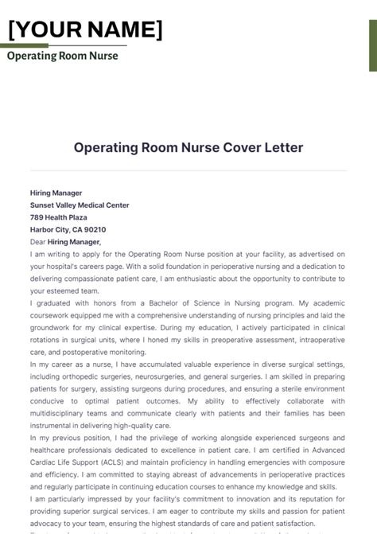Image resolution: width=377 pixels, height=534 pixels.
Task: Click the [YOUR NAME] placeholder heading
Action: pos(86,29)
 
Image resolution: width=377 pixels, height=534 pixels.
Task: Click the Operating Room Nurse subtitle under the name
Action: pos(62,56)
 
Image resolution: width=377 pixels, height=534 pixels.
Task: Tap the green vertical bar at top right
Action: pos(372,35)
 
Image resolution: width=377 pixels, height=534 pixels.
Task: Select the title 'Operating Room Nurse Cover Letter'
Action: pos(188,148)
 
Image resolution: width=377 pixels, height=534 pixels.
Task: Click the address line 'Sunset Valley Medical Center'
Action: pos(80,205)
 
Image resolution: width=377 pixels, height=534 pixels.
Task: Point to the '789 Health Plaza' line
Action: pos(59,217)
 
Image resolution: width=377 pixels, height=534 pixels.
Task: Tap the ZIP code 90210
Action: pos(95,230)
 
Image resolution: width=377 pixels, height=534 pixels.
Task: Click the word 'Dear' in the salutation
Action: pos(37,242)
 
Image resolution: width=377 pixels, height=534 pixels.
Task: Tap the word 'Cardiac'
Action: pos(45,462)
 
